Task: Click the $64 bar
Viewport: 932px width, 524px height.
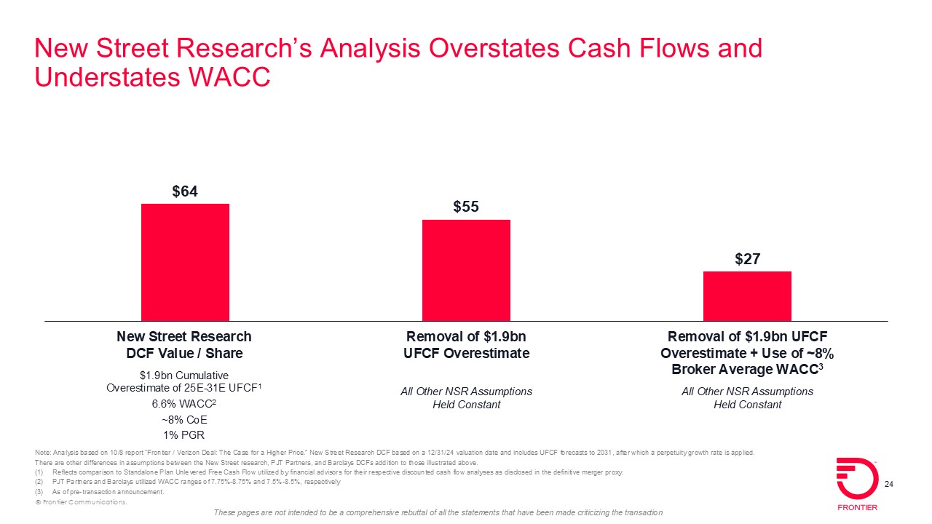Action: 185,262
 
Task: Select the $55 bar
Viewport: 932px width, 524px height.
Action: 466,270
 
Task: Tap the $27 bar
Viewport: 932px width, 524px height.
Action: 747,295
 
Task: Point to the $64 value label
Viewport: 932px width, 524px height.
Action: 185,191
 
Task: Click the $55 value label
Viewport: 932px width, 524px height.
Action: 466,207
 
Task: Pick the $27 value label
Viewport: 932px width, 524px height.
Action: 747,259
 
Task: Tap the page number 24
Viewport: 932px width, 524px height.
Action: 888,485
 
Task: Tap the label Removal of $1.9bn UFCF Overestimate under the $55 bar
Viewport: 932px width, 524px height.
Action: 466,345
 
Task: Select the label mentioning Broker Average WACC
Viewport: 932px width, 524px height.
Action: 747,353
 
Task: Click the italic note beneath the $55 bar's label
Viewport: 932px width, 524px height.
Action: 466,398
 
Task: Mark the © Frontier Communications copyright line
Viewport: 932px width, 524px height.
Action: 81,502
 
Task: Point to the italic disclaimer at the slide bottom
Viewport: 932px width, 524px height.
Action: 438,513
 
